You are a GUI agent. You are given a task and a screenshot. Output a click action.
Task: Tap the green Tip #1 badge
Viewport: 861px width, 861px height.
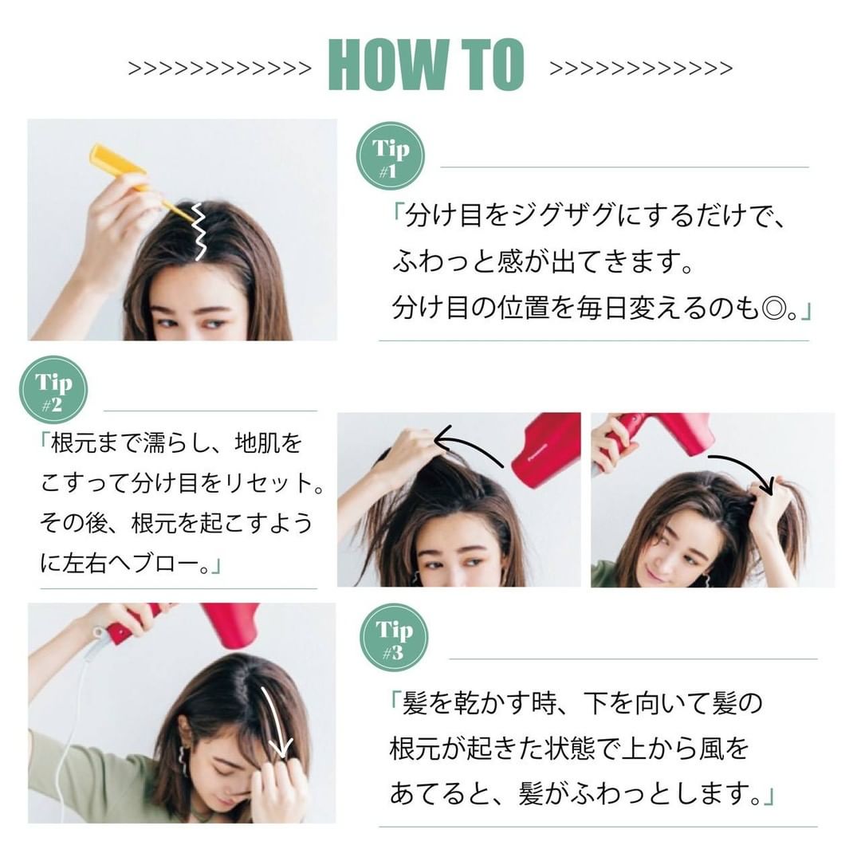(x=391, y=156)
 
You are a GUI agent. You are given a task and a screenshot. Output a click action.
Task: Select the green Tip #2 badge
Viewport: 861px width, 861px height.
(x=53, y=390)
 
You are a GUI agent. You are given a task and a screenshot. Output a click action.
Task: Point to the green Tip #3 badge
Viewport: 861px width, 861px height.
(x=395, y=638)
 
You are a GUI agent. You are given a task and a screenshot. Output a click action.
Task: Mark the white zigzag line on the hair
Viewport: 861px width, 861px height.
(x=199, y=230)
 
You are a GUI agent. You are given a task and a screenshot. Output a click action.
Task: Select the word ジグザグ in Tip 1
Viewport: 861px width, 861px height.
(x=563, y=215)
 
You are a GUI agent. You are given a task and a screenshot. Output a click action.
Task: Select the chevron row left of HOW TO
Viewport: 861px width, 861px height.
(x=220, y=69)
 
